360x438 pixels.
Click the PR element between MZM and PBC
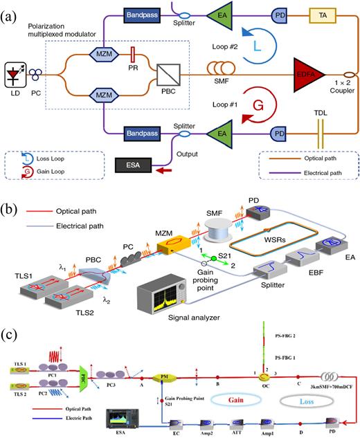point(133,53)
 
